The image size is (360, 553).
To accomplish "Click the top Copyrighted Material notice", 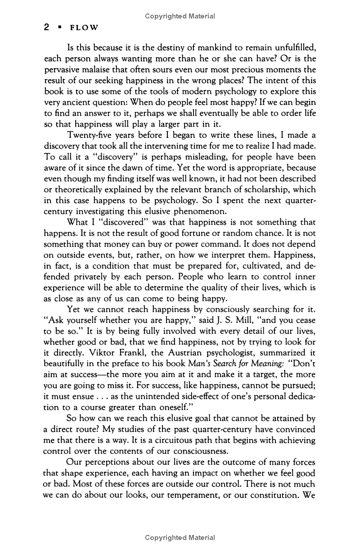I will coord(180,16).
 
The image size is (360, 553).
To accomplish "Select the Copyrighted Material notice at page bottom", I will coord(180,538).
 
